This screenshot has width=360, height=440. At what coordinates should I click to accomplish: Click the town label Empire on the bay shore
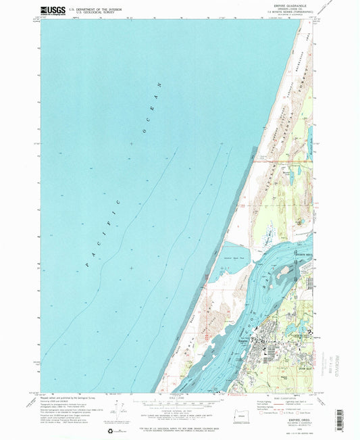tap(244, 341)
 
